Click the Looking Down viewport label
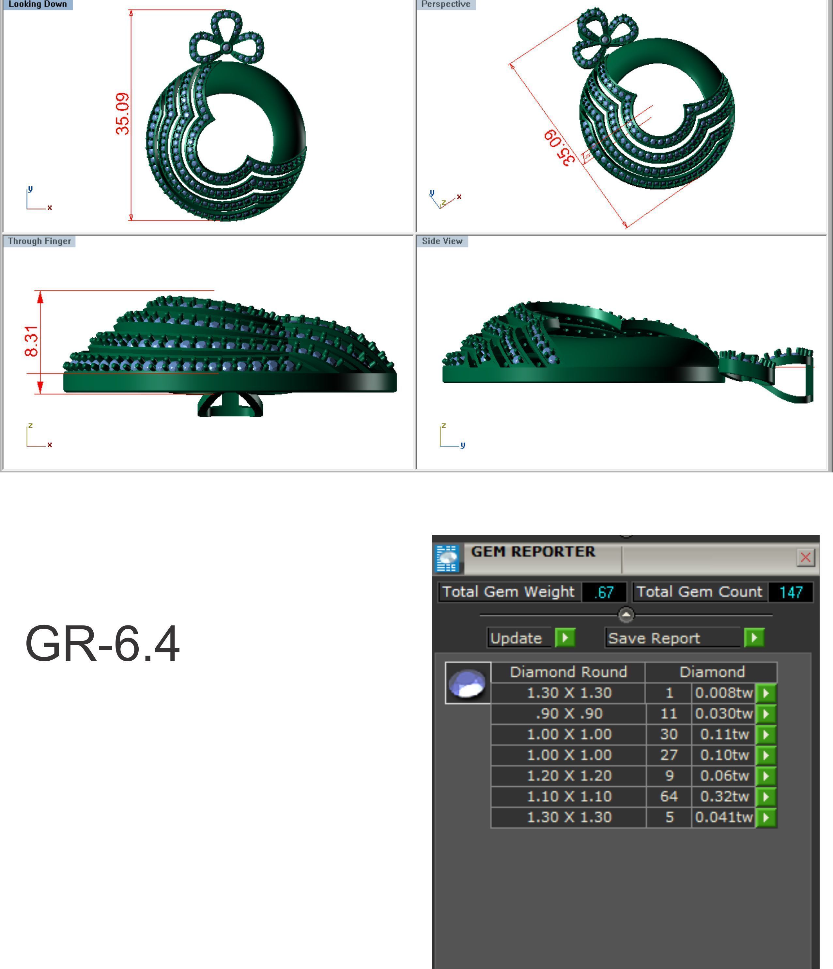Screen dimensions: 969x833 38,4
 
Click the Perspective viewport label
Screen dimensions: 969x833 445,4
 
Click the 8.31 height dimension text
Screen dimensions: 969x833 31,341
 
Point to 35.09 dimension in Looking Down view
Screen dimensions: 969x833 123,114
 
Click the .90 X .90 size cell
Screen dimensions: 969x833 569,714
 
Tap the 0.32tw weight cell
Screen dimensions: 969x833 724,796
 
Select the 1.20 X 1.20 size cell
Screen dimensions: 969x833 569,776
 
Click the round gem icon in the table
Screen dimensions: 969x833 467,683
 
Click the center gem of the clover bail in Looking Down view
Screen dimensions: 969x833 226,47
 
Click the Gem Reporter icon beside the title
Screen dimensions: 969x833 447,558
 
